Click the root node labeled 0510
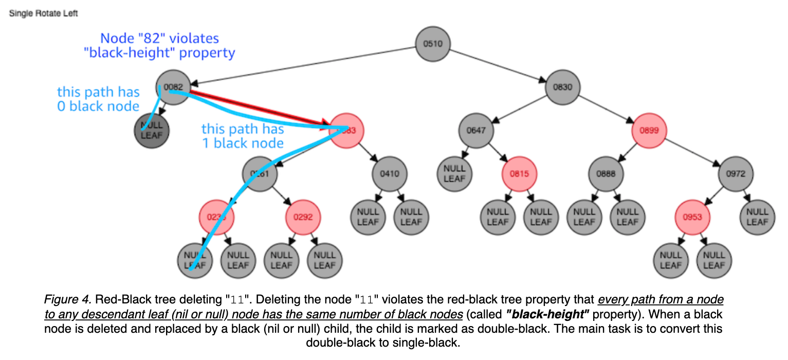pyautogui.click(x=432, y=43)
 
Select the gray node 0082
pyautogui.click(x=174, y=86)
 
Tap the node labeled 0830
pyautogui.click(x=562, y=87)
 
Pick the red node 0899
pyautogui.click(x=649, y=130)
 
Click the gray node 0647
pyautogui.click(x=476, y=130)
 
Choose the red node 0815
pyautogui.click(x=519, y=173)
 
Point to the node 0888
pyautogui.click(x=606, y=173)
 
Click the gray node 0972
pyautogui.click(x=736, y=173)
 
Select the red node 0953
pyautogui.click(x=692, y=217)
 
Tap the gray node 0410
pyautogui.click(x=390, y=173)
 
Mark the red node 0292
pyautogui.click(x=303, y=217)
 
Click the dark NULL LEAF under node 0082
pyautogui.click(x=152, y=130)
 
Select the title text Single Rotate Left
pyautogui.click(x=44, y=13)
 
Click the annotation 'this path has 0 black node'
pyautogui.click(x=98, y=99)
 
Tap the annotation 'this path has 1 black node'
pyautogui.click(x=243, y=135)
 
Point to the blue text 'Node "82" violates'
pyautogui.click(x=159, y=38)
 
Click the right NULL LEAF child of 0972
pyautogui.click(x=757, y=217)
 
